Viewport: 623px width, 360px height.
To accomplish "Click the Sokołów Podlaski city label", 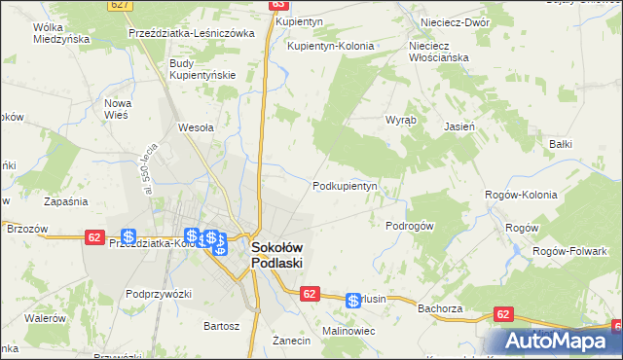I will click(x=277, y=255).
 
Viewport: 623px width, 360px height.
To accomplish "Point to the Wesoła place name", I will click(x=196, y=126).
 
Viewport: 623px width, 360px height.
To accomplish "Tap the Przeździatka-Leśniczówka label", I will click(x=191, y=32).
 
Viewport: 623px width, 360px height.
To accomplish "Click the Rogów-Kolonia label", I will click(x=521, y=195).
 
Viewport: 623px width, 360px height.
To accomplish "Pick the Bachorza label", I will click(x=438, y=308).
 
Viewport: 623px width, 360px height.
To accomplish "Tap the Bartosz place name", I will click(x=220, y=326).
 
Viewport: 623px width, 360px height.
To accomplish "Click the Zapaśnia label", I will click(x=66, y=201).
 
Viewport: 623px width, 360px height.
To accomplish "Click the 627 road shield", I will click(x=120, y=5).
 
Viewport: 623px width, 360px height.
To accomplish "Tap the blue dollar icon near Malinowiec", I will click(x=353, y=302).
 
